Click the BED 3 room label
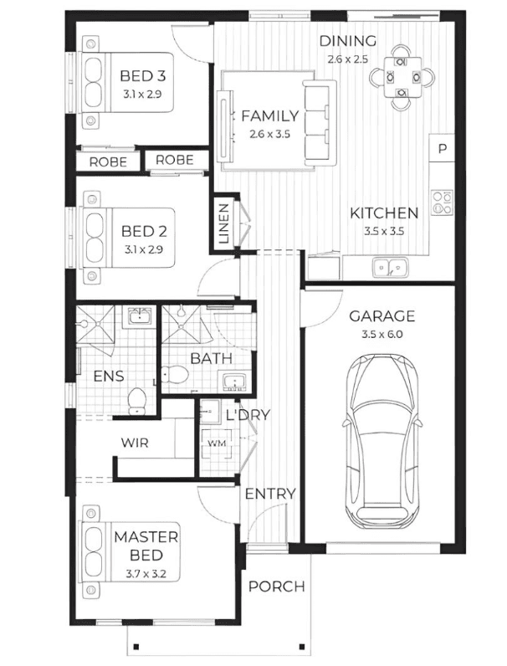click(x=143, y=76)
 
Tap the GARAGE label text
click(x=382, y=316)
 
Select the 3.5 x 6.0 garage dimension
click(x=382, y=335)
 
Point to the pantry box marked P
click(x=442, y=149)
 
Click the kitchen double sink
click(x=390, y=268)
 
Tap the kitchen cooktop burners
click(x=442, y=202)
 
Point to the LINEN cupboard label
click(x=223, y=224)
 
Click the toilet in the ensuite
click(x=136, y=401)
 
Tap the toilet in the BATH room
click(x=176, y=374)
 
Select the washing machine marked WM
click(x=217, y=443)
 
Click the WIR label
click(x=135, y=443)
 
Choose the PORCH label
click(x=276, y=587)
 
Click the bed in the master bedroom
click(x=130, y=551)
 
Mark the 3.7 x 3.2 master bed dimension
click(x=146, y=574)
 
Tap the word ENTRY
click(x=270, y=494)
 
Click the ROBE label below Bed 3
click(x=108, y=162)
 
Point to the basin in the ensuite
click(x=139, y=316)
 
